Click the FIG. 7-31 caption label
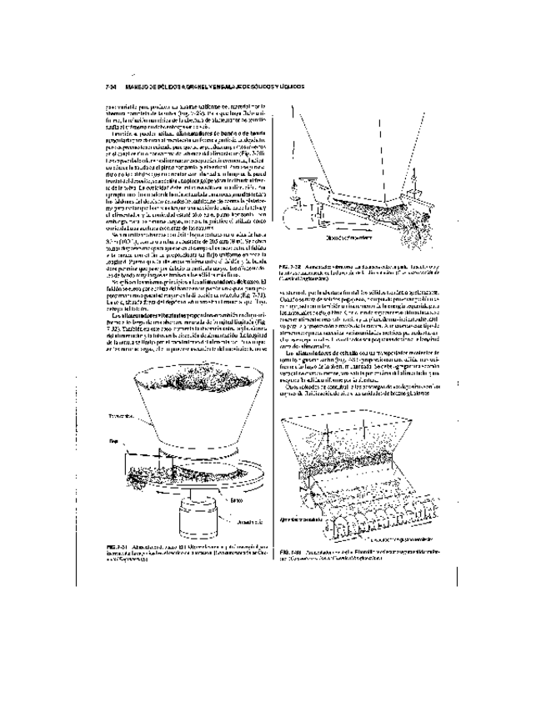pos(111,545)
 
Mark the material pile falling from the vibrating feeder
pos(417,224)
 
